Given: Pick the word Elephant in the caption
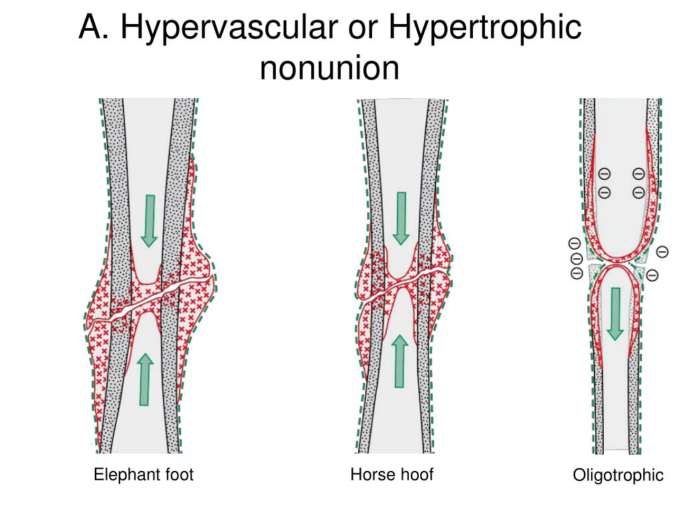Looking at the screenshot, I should click(x=125, y=475).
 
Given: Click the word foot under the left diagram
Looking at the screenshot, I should click(x=177, y=475).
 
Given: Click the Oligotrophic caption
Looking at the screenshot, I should click(x=618, y=476).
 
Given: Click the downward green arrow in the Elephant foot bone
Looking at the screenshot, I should click(x=150, y=220).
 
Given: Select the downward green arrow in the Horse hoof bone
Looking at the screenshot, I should click(x=401, y=218).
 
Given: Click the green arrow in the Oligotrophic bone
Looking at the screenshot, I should click(x=615, y=313).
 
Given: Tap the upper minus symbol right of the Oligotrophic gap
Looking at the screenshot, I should click(x=662, y=252).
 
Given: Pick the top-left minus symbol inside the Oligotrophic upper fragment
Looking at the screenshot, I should click(x=604, y=174).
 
